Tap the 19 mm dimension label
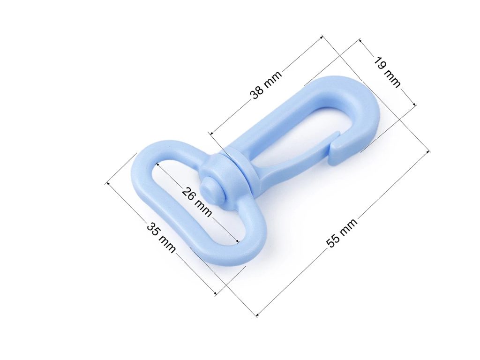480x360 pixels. point(387,73)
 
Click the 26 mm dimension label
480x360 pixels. point(196,202)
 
